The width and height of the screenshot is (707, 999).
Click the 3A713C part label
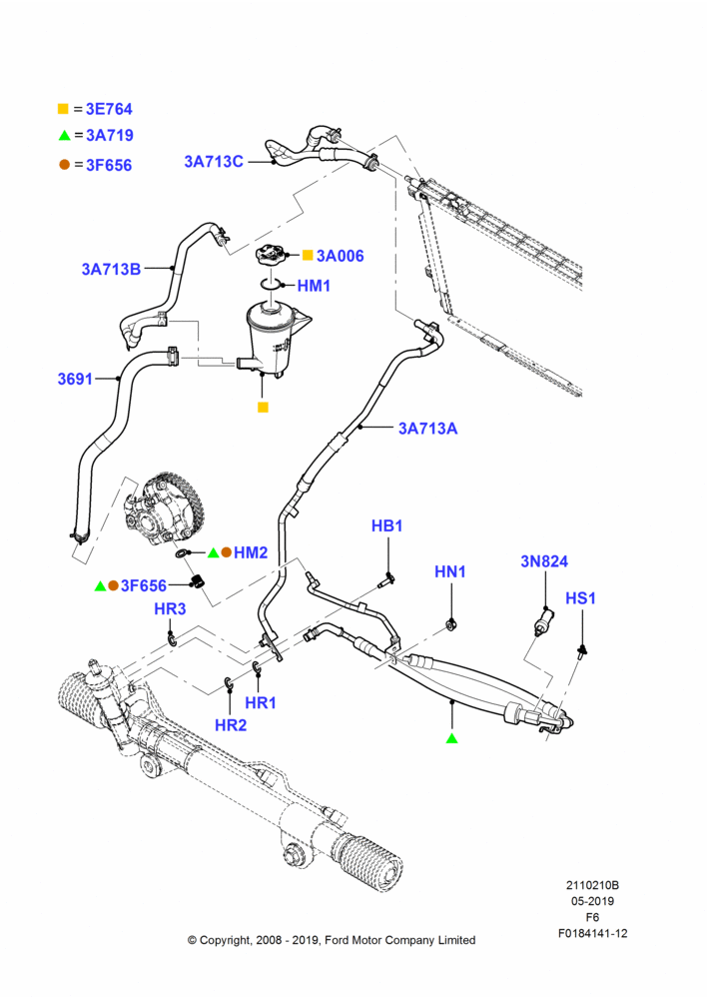coord(214,162)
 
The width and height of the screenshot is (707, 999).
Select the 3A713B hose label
coord(111,269)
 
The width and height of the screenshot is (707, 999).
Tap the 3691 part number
coord(75,379)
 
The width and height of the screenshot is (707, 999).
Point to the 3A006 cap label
coord(341,256)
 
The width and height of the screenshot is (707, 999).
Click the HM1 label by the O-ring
coord(314,286)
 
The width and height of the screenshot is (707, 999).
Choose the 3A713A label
coord(428,429)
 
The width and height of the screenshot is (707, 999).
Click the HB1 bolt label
coord(387,526)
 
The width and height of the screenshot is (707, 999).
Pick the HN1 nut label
coord(450,572)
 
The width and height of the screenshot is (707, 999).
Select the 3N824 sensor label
coord(544,561)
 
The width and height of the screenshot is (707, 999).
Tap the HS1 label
coord(581,598)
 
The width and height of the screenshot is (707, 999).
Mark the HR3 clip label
coord(170,609)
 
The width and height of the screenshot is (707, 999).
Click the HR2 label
coord(231,725)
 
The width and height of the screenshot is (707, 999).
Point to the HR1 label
coord(261,702)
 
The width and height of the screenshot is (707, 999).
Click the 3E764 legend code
coord(109,109)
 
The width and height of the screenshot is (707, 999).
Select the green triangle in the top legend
coord(64,135)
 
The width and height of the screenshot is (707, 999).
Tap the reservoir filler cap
coord(271,256)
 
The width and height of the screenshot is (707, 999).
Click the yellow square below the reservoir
coord(263,408)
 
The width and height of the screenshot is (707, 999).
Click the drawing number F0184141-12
coord(592,933)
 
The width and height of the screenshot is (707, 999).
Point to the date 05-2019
coord(592,901)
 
